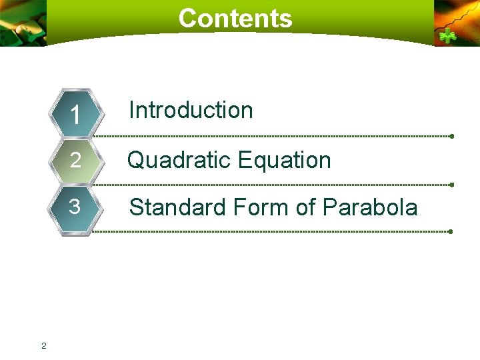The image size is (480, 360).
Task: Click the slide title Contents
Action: pyautogui.click(x=235, y=18)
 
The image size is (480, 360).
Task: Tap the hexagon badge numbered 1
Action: pyautogui.click(x=76, y=114)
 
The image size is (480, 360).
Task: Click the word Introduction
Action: pyautogui.click(x=191, y=110)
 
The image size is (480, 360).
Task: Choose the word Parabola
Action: pyautogui.click(x=370, y=207)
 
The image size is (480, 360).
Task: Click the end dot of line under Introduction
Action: pyautogui.click(x=451, y=136)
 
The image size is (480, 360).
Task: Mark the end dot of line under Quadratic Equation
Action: pyautogui.click(x=451, y=184)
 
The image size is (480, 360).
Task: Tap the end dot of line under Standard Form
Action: pyautogui.click(x=451, y=231)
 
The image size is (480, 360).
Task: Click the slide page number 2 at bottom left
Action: pyautogui.click(x=43, y=345)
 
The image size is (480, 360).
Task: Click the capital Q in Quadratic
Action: pyautogui.click(x=137, y=160)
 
